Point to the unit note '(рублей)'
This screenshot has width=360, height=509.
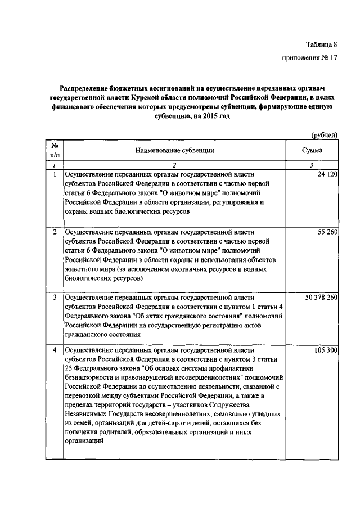click(x=325, y=134)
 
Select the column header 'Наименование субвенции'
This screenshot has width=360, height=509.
click(x=174, y=150)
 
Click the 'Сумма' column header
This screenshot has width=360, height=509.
click(x=312, y=150)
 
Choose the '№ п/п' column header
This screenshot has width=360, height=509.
click(x=55, y=150)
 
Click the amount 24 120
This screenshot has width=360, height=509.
click(x=327, y=174)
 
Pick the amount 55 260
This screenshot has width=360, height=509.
click(x=327, y=231)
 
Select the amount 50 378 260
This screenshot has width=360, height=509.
click(x=321, y=297)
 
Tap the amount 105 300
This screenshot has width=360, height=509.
click(x=325, y=350)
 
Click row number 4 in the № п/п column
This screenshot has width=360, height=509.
click(x=55, y=350)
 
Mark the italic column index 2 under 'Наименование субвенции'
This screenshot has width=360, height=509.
click(x=174, y=165)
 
